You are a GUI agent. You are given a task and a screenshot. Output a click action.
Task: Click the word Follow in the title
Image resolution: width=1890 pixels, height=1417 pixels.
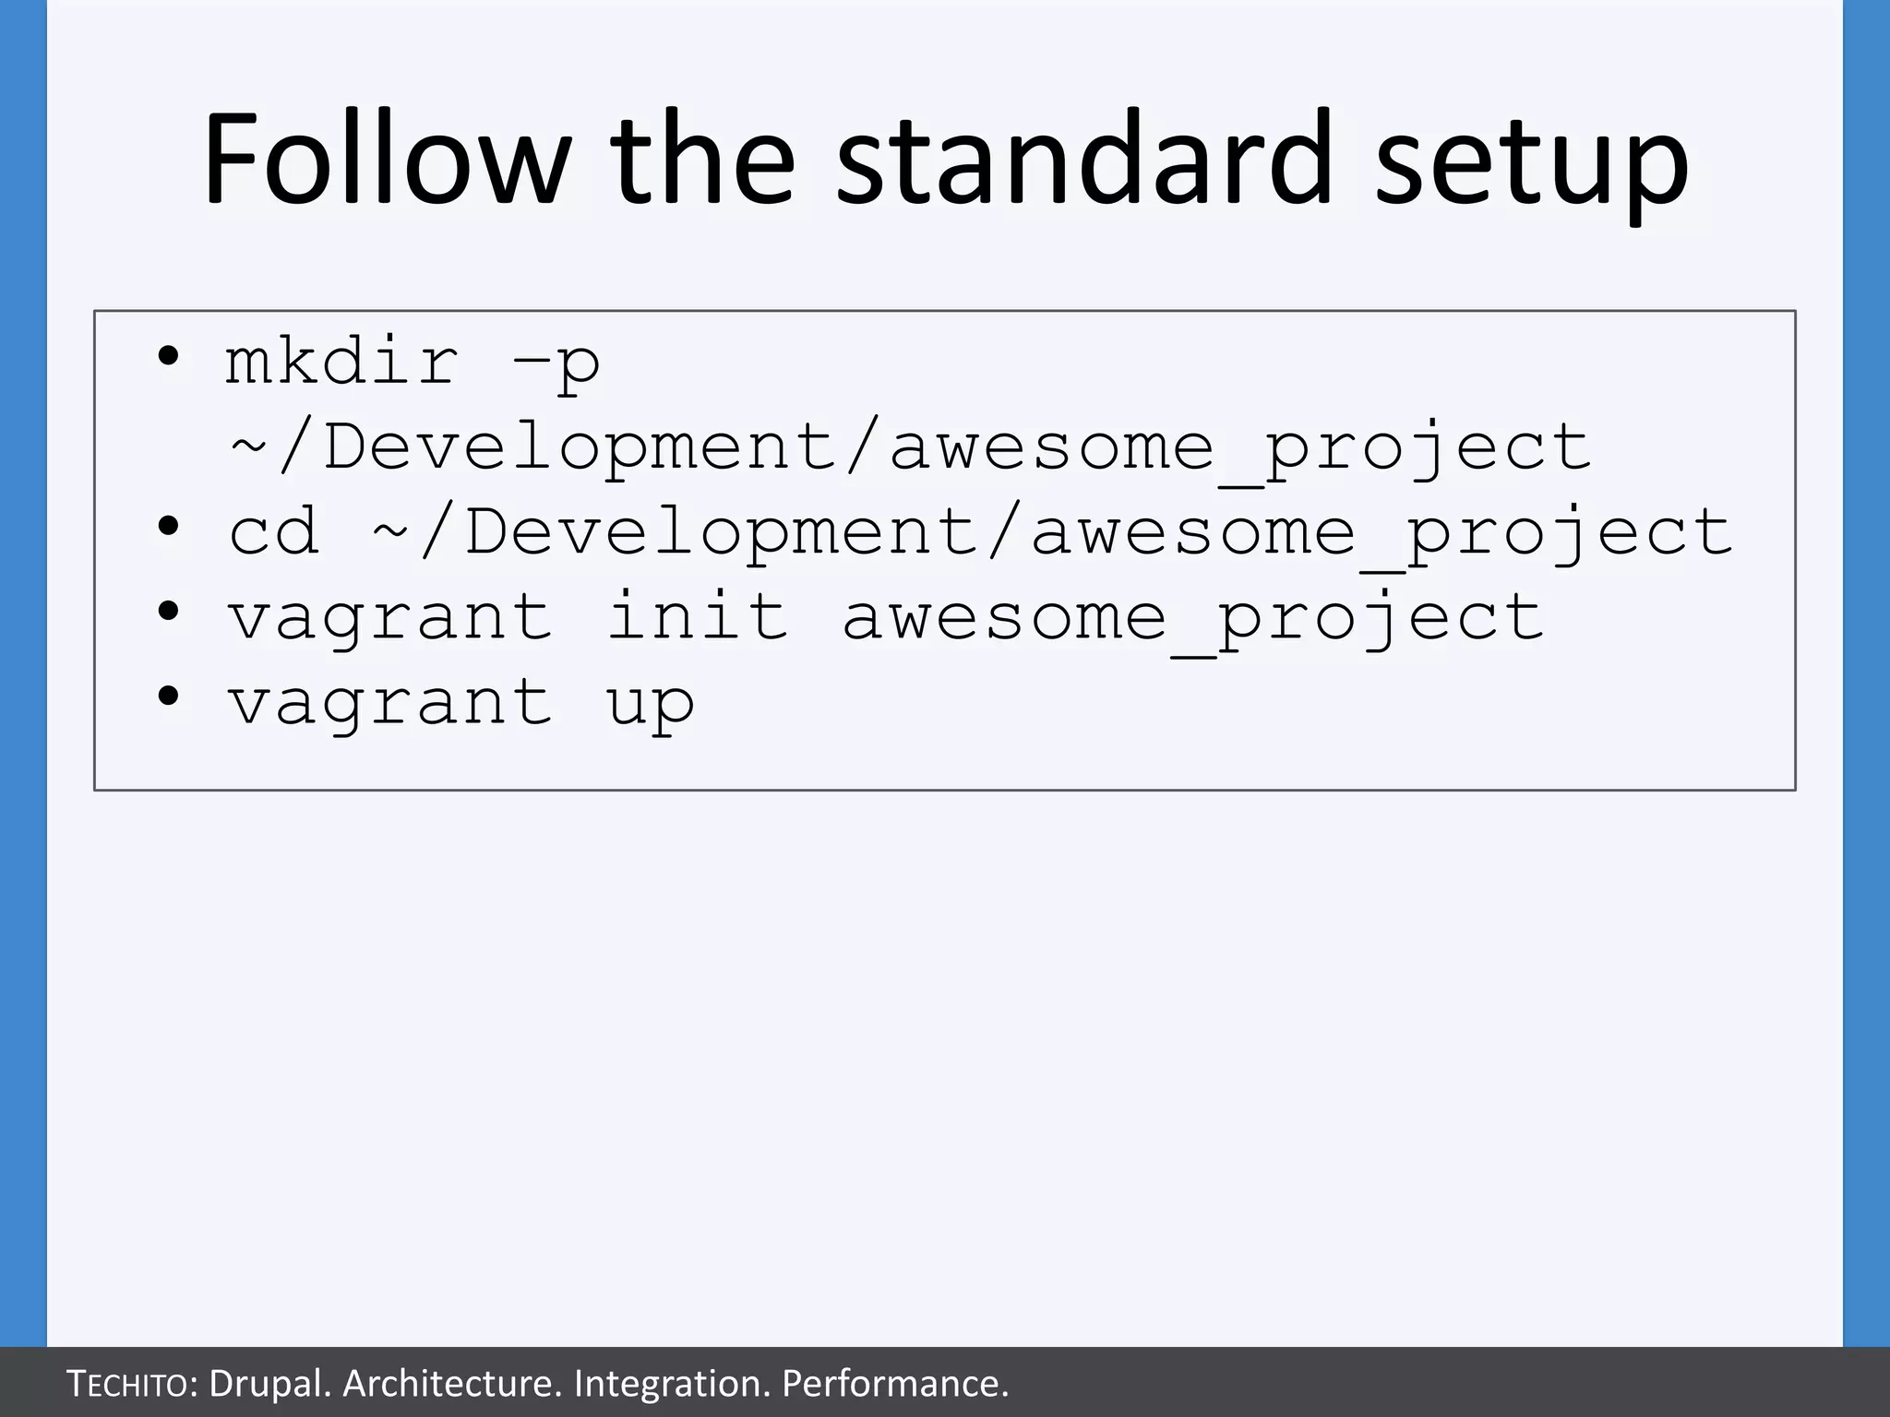(x=386, y=159)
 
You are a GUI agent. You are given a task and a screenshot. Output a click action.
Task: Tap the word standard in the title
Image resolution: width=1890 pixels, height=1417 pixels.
(x=1084, y=159)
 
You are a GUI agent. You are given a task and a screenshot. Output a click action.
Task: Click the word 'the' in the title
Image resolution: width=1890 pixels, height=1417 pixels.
(x=701, y=159)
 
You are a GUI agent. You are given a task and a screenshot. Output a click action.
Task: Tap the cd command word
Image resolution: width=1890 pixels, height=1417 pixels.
(x=274, y=532)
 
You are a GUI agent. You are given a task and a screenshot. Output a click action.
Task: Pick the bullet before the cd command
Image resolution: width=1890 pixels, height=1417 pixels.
(x=167, y=527)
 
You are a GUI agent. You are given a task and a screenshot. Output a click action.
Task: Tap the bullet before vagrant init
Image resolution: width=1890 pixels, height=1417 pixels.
(x=167, y=611)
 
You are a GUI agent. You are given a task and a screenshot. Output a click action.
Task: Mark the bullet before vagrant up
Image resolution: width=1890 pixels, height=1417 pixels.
(x=167, y=696)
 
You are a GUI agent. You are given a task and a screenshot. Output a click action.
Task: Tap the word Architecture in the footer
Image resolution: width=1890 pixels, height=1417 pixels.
(x=452, y=1384)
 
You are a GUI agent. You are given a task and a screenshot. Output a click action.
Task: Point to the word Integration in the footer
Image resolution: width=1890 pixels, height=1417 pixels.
(x=672, y=1384)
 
